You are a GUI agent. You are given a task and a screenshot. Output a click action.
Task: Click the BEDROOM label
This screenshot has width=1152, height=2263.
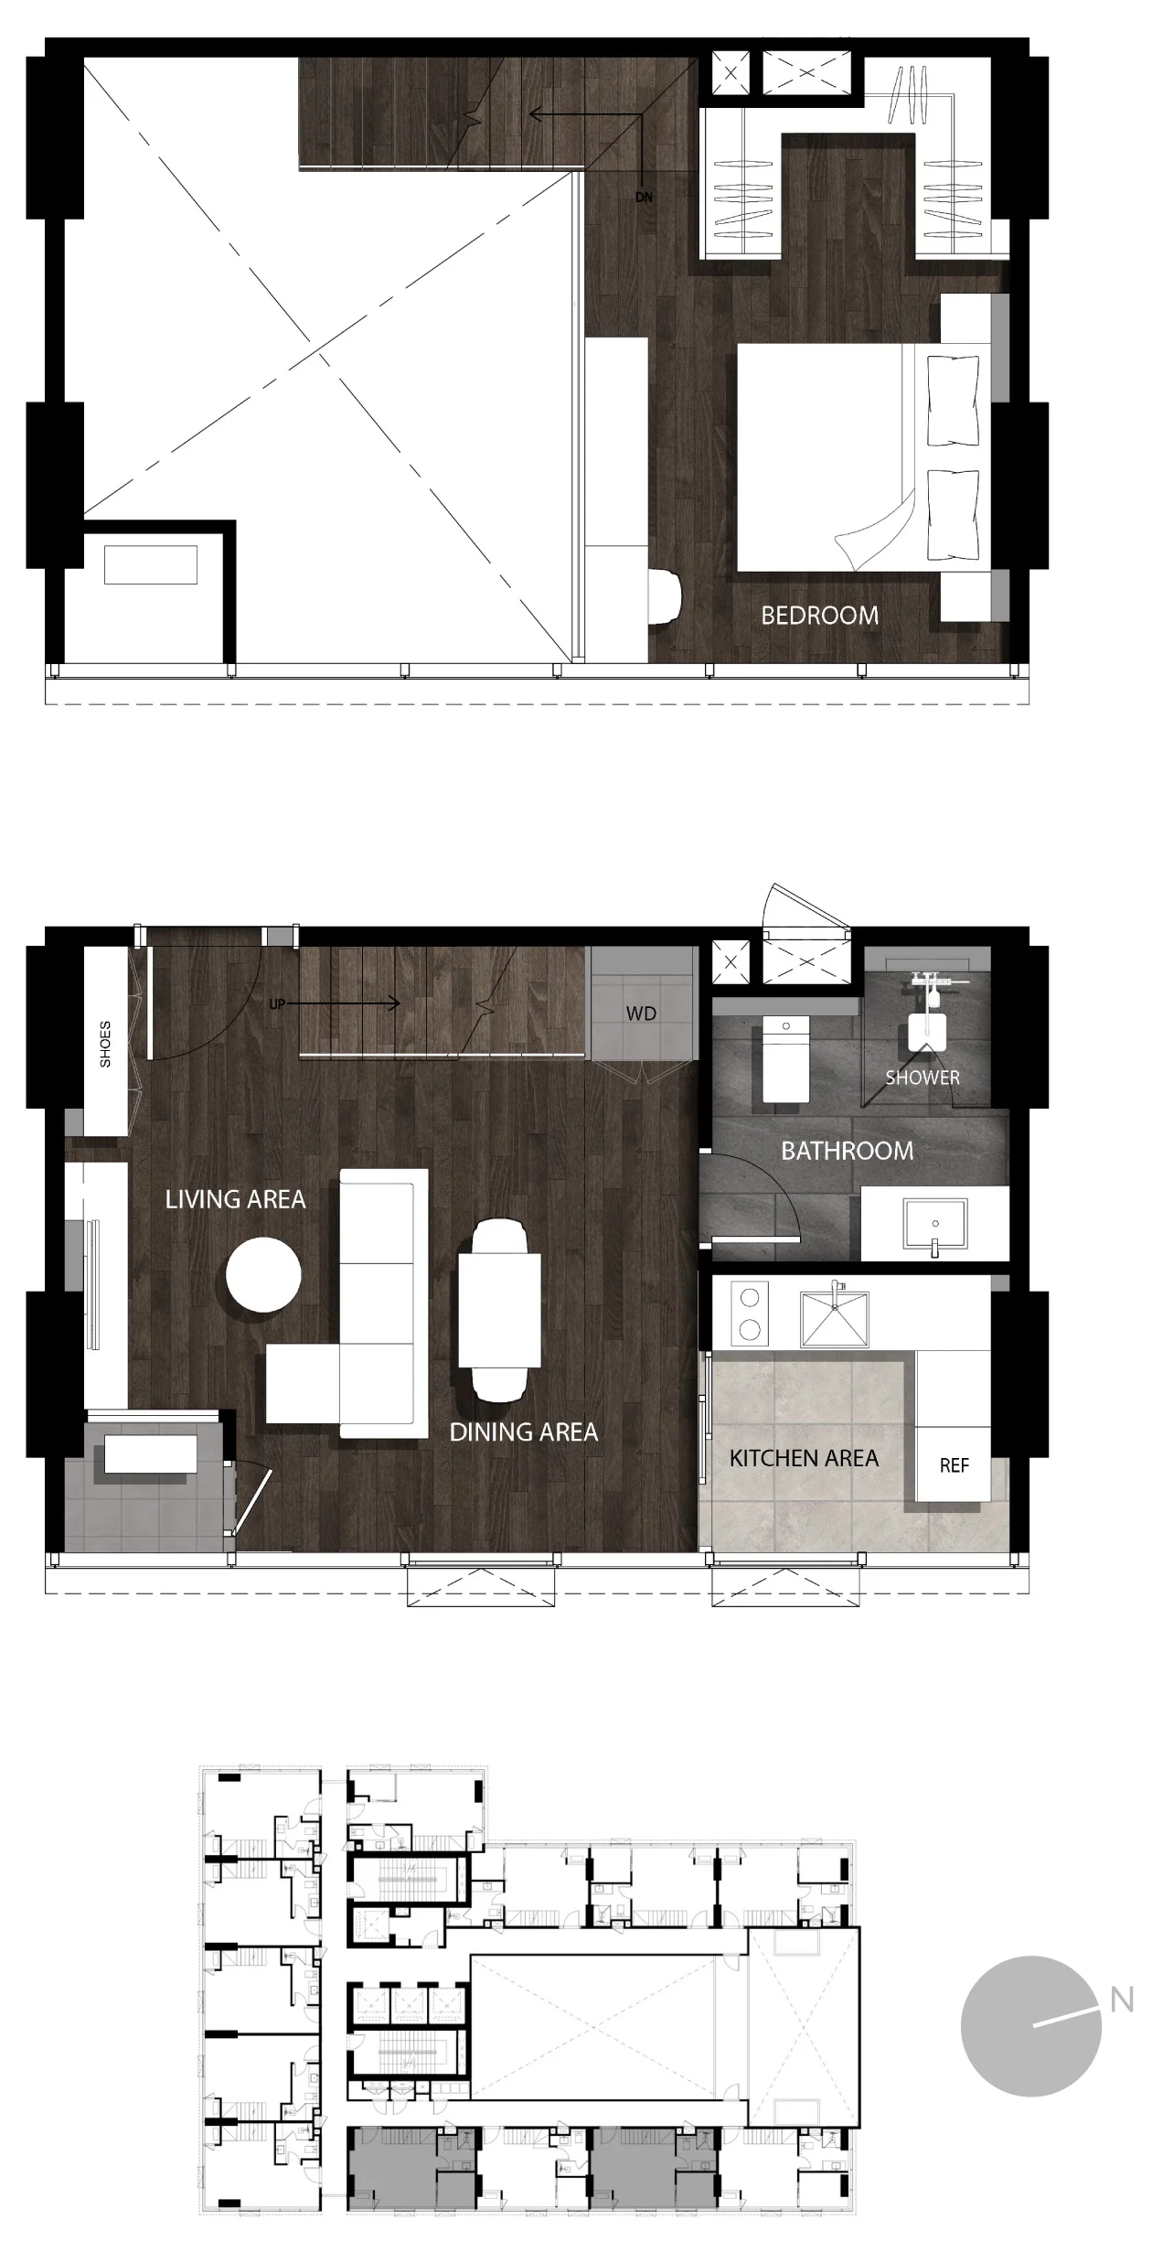pyautogui.click(x=819, y=616)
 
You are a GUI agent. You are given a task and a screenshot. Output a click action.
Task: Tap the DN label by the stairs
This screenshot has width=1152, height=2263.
pyautogui.click(x=645, y=198)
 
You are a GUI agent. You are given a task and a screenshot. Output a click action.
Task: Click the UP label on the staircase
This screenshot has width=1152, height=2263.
pyautogui.click(x=277, y=1003)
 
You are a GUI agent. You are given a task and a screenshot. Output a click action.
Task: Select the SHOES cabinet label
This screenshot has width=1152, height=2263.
pyautogui.click(x=105, y=1044)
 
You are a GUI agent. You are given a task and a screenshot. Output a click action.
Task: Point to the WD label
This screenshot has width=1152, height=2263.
pyautogui.click(x=641, y=1014)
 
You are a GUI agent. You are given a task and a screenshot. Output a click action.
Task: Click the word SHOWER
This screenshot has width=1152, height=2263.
pyautogui.click(x=923, y=1078)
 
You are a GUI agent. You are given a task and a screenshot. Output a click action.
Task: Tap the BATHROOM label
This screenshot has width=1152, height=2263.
pyautogui.click(x=847, y=1151)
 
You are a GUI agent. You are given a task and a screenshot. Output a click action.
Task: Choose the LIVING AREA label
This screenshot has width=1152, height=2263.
pyautogui.click(x=235, y=1199)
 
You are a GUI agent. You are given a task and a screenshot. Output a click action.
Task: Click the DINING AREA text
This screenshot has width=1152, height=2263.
pyautogui.click(x=524, y=1432)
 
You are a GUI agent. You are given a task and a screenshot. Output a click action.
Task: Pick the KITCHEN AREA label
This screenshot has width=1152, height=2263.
pyautogui.click(x=804, y=1458)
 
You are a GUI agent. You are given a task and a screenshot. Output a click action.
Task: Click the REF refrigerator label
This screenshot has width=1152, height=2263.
pyautogui.click(x=954, y=1465)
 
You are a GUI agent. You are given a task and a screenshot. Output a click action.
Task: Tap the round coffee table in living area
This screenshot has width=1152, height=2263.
pyautogui.click(x=263, y=1274)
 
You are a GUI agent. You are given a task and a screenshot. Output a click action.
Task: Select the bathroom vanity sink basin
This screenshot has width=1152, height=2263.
pyautogui.click(x=934, y=1225)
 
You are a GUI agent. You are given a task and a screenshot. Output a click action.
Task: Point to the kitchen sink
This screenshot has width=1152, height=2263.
pyautogui.click(x=835, y=1319)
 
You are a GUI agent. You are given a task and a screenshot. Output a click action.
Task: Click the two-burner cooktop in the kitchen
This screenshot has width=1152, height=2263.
pyautogui.click(x=750, y=1314)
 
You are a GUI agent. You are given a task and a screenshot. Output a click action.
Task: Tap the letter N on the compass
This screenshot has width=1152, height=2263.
pyautogui.click(x=1122, y=2000)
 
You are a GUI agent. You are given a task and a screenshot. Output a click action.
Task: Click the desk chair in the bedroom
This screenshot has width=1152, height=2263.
pyautogui.click(x=665, y=597)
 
